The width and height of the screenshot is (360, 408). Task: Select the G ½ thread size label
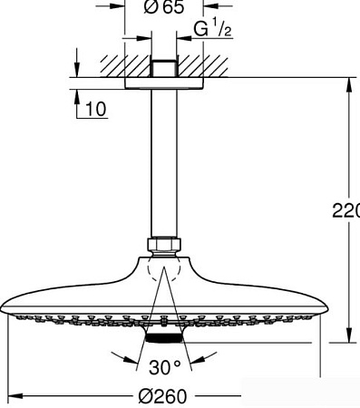point(213,30)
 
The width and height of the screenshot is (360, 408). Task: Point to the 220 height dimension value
point(346,211)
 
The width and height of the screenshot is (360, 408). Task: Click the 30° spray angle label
point(166,367)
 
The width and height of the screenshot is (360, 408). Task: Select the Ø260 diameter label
point(164,396)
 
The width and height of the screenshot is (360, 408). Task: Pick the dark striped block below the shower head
point(163,339)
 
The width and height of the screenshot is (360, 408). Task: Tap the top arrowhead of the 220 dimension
point(348,84)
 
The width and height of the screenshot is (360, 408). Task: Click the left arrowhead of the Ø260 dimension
point(14,396)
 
